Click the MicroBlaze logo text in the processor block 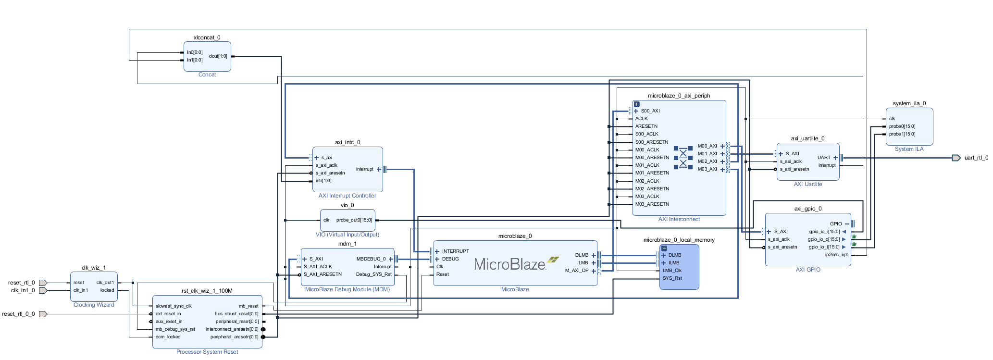pos(509,264)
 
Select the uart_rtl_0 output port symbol pos(956,158)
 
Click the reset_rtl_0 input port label pos(21,283)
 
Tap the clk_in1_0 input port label pos(23,290)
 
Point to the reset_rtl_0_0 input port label pos(18,314)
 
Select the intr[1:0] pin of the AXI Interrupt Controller pos(323,181)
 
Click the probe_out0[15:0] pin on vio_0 pos(354,220)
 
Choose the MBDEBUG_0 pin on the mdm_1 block pos(371,259)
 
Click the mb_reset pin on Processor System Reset pos(248,306)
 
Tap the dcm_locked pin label pos(168,337)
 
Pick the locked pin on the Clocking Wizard pos(107,290)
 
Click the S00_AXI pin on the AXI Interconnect pos(650,111)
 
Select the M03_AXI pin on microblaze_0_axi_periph pos(707,169)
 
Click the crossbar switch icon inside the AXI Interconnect pos(683,158)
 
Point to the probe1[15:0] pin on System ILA pos(902,134)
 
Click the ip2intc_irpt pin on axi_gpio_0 pos(836,255)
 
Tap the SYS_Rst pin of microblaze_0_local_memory pos(672,278)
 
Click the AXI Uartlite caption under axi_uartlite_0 pos(807,184)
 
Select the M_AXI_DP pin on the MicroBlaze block pos(576,271)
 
